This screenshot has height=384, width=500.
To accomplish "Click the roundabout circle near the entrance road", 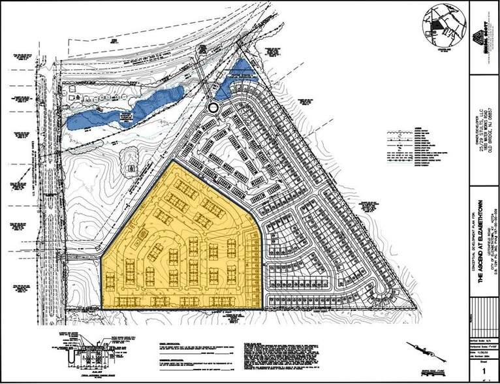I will [213, 107].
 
